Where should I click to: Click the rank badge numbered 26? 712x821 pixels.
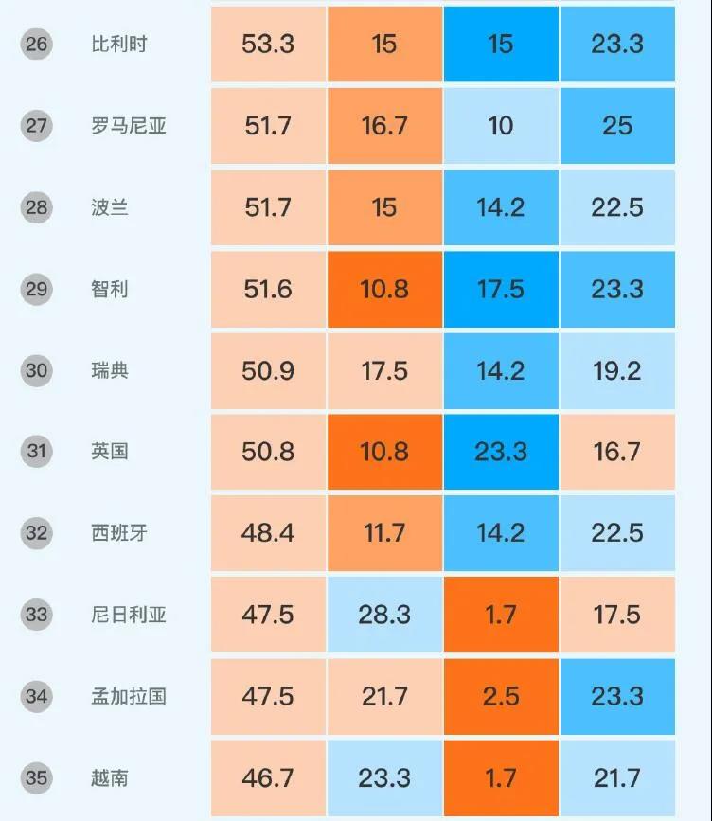(x=37, y=45)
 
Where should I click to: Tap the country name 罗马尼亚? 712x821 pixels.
(x=129, y=126)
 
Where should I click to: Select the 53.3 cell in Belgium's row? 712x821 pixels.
(x=268, y=45)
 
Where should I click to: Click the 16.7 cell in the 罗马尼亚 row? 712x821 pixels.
(x=384, y=126)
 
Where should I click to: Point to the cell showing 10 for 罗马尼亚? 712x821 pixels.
(x=501, y=126)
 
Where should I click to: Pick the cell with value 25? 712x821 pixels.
(x=617, y=126)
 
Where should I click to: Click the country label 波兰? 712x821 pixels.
(x=110, y=207)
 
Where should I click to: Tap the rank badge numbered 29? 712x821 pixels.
(x=37, y=289)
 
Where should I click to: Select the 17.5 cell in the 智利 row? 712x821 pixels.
(x=501, y=289)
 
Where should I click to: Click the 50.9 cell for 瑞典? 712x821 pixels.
(x=268, y=370)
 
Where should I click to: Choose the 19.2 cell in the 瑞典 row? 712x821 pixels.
(x=617, y=370)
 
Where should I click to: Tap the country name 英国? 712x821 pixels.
(x=110, y=452)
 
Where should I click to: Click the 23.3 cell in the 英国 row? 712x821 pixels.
(x=501, y=452)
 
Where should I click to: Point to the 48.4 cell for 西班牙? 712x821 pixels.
(x=268, y=533)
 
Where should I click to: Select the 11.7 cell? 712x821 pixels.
(x=384, y=533)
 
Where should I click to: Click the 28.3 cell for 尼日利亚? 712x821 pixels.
(x=384, y=615)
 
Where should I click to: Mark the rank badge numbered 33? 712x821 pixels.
(x=37, y=615)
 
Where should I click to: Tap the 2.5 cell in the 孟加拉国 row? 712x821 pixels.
(x=501, y=696)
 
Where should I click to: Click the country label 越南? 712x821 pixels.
(x=110, y=778)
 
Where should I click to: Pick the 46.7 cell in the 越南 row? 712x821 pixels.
(x=268, y=778)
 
